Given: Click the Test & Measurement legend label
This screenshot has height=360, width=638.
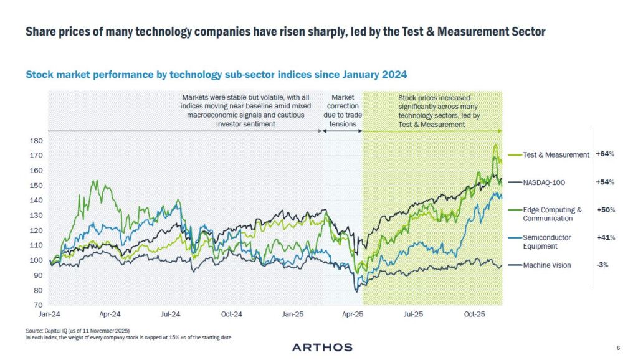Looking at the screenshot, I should click(x=556, y=155).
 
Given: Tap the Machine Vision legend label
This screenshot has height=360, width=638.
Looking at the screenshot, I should click(x=547, y=265).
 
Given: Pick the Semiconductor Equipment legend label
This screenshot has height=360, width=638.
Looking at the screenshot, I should click(x=547, y=242).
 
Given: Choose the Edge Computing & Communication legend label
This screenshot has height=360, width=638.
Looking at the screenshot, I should click(x=552, y=214).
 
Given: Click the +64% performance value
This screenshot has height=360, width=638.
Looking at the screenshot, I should click(x=605, y=154).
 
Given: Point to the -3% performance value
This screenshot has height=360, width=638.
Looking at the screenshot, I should click(x=602, y=265).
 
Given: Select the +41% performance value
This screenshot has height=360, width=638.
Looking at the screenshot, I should click(x=605, y=237).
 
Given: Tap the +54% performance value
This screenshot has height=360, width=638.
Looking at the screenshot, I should click(x=605, y=182).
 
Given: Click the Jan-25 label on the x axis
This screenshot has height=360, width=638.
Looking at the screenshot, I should click(x=293, y=315).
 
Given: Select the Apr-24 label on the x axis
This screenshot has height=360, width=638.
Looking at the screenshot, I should click(x=110, y=315).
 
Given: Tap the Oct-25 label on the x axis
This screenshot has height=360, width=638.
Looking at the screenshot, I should click(x=475, y=315).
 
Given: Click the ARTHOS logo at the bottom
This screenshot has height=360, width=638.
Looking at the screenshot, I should click(x=322, y=347).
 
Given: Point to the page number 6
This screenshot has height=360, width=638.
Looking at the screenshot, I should click(x=617, y=348).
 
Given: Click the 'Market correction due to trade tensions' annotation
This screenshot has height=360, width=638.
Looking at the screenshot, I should click(x=343, y=111).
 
